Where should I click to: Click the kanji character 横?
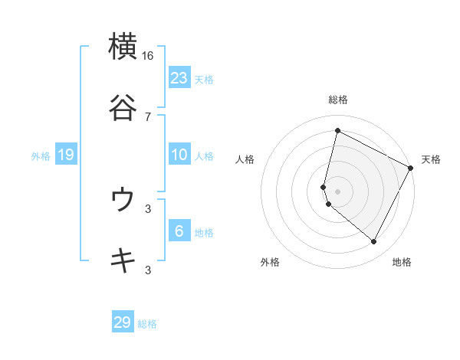(123, 47)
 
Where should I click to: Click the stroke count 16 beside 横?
(148, 56)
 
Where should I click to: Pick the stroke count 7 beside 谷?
(148, 116)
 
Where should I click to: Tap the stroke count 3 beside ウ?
(148, 208)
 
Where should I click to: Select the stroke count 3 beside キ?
(148, 270)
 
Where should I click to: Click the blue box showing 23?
(179, 78)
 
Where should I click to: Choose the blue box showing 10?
(179, 155)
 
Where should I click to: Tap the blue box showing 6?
(179, 231)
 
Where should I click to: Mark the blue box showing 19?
(66, 155)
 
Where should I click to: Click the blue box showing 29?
(123, 322)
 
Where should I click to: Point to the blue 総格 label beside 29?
(147, 324)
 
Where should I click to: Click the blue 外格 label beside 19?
(41, 156)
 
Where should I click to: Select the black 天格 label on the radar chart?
(431, 159)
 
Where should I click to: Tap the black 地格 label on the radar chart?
(402, 263)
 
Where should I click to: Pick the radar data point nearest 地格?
(374, 242)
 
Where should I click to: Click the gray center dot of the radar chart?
(337, 191)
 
